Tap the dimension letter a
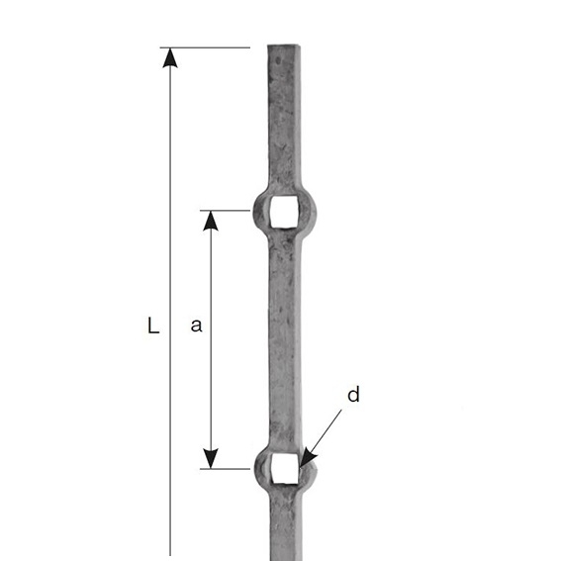point(196,326)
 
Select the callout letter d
point(353,395)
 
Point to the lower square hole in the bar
point(284,468)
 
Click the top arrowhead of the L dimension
point(170,57)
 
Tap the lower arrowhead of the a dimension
point(210,458)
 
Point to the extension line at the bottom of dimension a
point(228,468)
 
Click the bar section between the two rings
point(284,336)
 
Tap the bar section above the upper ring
point(284,119)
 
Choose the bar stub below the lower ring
point(284,529)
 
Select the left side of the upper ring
point(260,211)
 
